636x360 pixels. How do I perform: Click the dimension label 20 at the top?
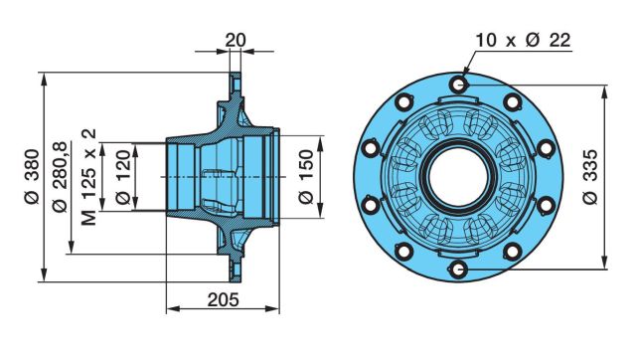(x=236, y=40)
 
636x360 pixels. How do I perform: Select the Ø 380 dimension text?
(x=32, y=176)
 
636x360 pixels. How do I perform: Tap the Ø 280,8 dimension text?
(x=60, y=177)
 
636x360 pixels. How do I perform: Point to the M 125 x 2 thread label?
(x=88, y=177)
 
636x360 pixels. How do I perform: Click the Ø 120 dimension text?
(x=123, y=177)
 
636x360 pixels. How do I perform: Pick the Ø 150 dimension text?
(x=306, y=177)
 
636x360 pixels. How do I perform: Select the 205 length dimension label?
(x=223, y=300)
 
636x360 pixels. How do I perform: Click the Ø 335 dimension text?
(x=589, y=177)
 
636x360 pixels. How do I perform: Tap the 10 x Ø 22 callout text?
(x=524, y=40)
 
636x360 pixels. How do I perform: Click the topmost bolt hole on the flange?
(x=458, y=85)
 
